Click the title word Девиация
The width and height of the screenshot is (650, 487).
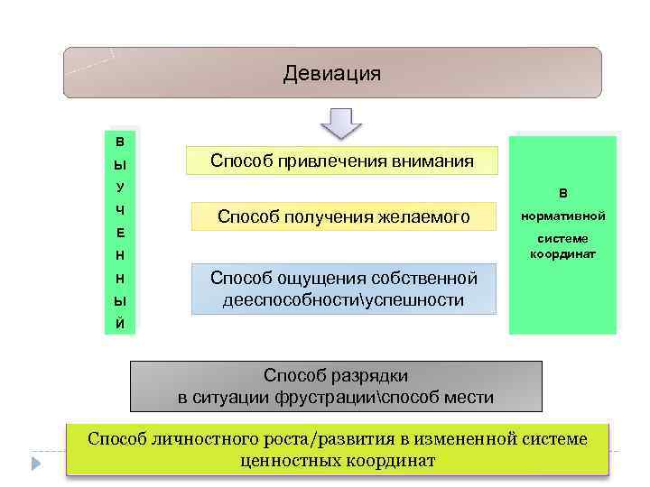(331, 73)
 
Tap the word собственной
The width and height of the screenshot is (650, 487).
(427, 279)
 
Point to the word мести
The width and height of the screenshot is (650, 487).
(469, 397)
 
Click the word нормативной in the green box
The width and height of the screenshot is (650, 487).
(562, 216)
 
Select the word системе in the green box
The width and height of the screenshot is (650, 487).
(562, 239)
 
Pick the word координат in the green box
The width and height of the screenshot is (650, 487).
(562, 254)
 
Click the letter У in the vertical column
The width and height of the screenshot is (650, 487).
(121, 188)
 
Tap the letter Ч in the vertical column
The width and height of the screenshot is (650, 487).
(121, 210)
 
